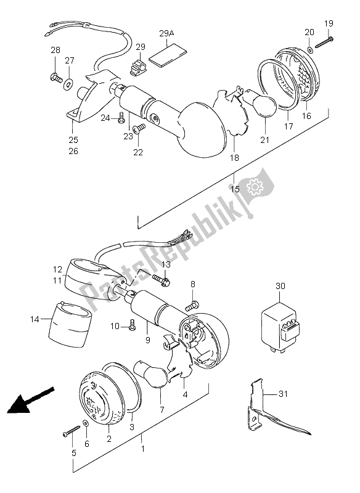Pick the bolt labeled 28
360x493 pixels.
coord(54,77)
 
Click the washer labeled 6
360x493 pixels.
coord(86,426)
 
